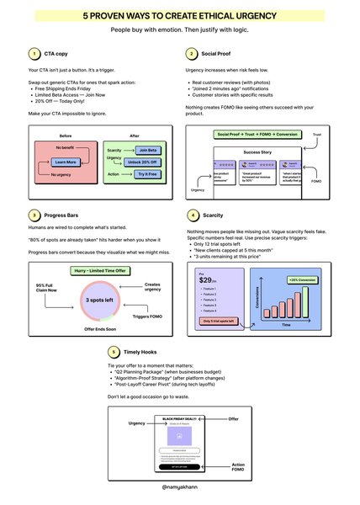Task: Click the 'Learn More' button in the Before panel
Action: pos(66,161)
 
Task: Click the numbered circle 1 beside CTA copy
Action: pos(33,52)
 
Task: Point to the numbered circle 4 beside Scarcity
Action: pos(194,215)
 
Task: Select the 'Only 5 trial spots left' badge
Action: pos(219,321)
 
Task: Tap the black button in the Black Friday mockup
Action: pos(179,465)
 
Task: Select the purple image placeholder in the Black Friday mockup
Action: pos(179,436)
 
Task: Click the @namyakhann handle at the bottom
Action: pos(179,486)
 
